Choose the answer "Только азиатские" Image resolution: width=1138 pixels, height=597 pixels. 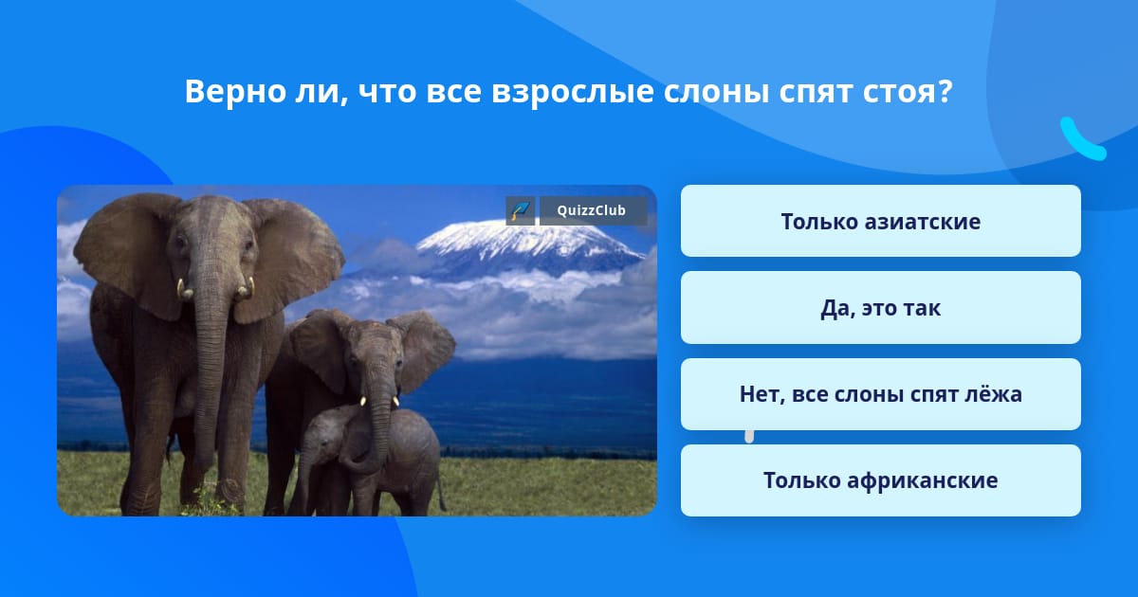click(x=880, y=221)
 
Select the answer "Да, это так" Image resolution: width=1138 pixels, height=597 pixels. click(x=880, y=308)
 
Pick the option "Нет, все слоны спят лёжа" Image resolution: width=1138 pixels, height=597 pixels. click(x=880, y=394)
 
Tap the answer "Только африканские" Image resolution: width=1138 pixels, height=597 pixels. click(x=880, y=480)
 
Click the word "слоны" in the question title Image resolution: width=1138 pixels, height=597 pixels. click(x=716, y=91)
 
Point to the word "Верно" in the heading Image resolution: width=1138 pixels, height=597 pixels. click(x=235, y=91)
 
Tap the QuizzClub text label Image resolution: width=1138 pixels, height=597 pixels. click(x=592, y=210)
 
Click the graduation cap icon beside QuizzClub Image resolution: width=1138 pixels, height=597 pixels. click(x=520, y=210)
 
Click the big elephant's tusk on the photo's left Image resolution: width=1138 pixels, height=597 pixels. click(x=183, y=289)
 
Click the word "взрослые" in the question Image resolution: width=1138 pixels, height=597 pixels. click(x=573, y=93)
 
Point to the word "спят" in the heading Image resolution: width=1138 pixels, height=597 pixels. click(x=816, y=93)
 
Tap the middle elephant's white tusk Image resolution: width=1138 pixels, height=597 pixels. click(x=363, y=401)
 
